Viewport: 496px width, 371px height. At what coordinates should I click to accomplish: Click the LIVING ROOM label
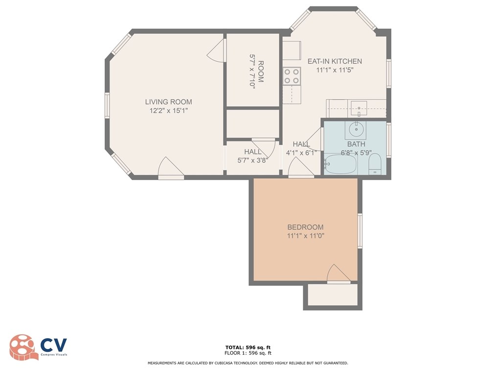[168, 102]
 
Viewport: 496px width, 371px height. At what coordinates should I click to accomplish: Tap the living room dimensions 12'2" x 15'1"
[168, 111]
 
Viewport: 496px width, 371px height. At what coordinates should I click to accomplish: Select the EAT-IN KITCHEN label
[335, 61]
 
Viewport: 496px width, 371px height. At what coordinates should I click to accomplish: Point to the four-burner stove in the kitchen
[292, 76]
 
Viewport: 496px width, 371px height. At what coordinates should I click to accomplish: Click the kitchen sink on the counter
[359, 106]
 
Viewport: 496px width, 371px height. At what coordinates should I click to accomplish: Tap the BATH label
[356, 144]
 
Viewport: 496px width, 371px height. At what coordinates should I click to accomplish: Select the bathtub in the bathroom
[340, 164]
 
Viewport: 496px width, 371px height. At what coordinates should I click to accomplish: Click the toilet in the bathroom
[375, 164]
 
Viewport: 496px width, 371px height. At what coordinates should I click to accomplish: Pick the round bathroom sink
[355, 130]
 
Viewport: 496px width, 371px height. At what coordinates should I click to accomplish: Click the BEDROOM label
[305, 227]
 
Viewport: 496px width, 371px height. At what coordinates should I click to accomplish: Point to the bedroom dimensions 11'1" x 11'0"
[305, 236]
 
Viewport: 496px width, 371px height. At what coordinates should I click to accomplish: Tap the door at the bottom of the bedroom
[338, 275]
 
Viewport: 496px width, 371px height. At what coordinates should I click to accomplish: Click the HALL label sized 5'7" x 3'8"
[253, 152]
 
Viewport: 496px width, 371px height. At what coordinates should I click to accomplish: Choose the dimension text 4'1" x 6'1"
[301, 152]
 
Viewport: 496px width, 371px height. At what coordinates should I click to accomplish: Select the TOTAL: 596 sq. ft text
[248, 347]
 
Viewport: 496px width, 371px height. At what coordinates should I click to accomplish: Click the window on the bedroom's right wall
[360, 230]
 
